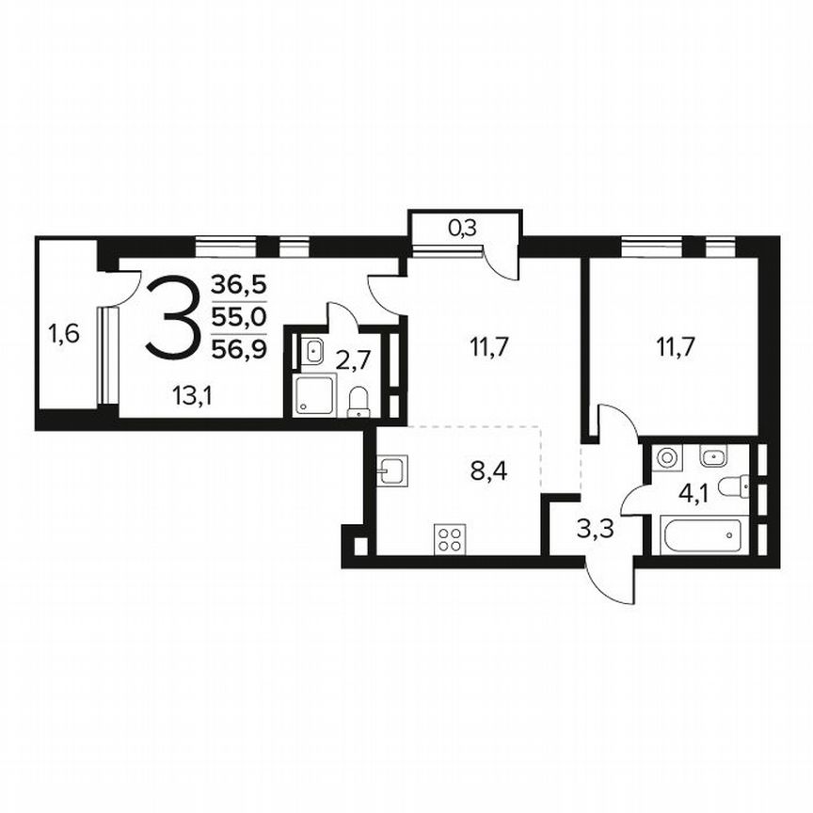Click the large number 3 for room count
click(172, 315)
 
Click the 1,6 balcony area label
click(65, 333)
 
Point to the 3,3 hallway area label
click(595, 528)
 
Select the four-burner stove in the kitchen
click(449, 541)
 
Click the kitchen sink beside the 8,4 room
click(391, 468)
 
